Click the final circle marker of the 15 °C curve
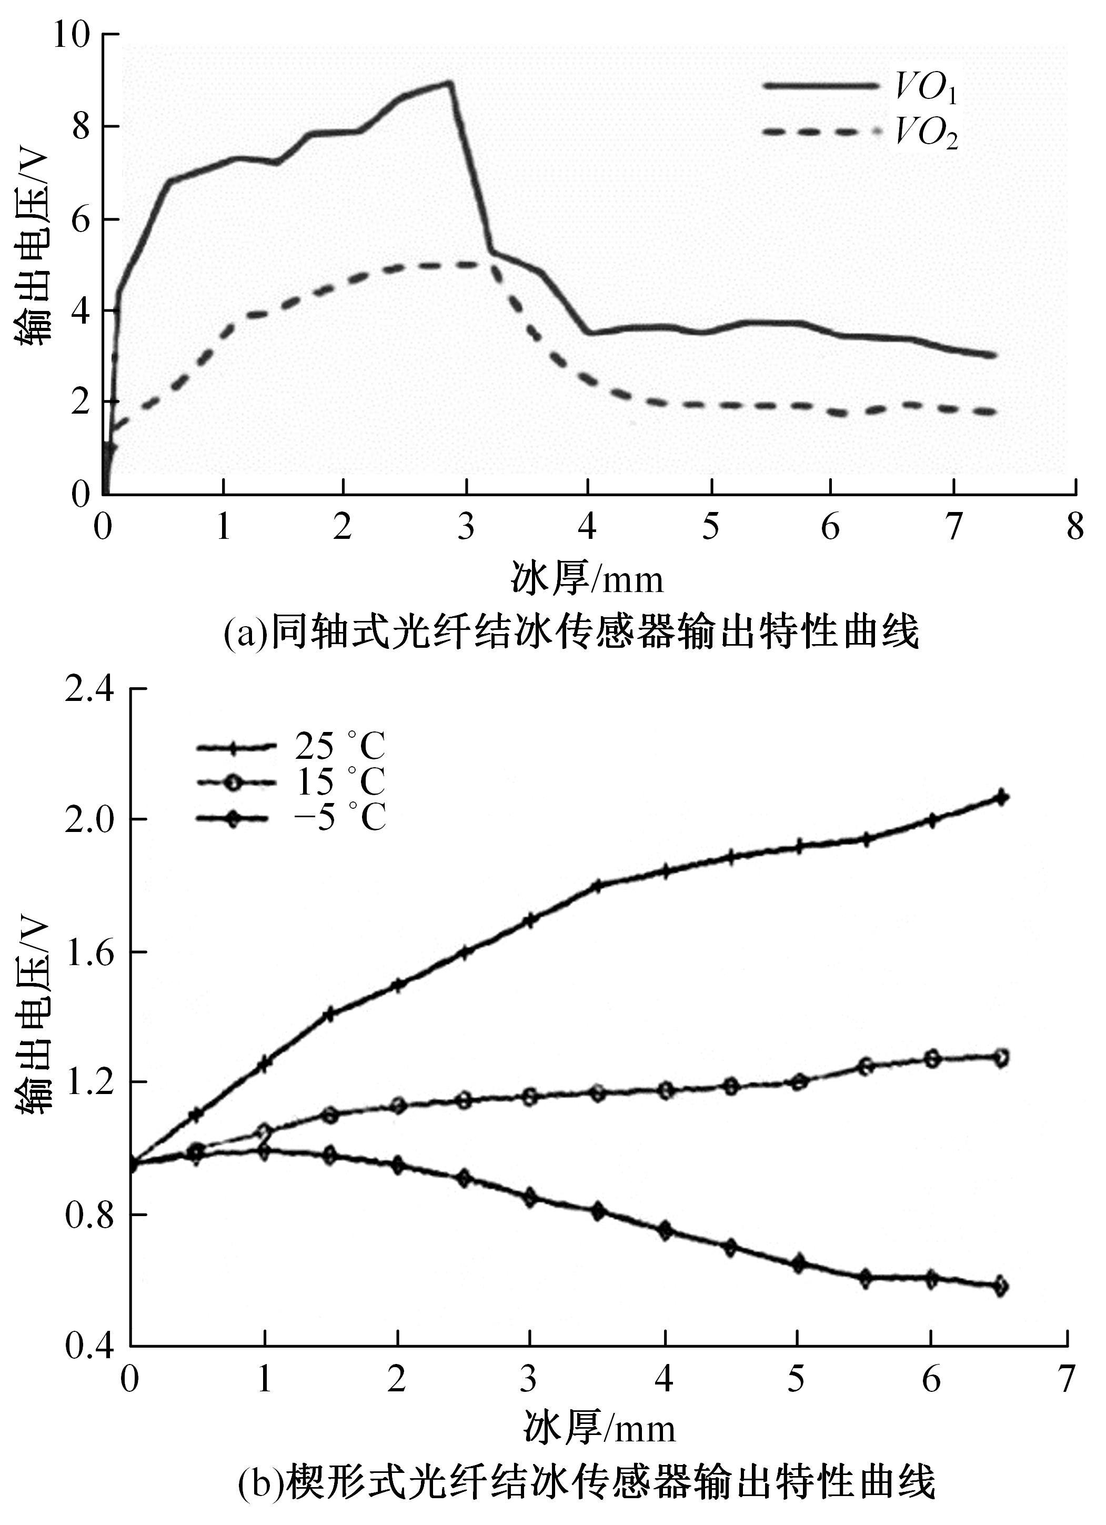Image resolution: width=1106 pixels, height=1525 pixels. pos(1000,1058)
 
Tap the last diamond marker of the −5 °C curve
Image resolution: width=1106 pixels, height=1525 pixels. pos(1000,1287)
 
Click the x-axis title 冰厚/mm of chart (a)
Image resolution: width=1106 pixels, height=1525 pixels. pos(587,579)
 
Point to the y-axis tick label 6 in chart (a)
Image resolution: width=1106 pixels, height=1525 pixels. pos(80,220)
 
